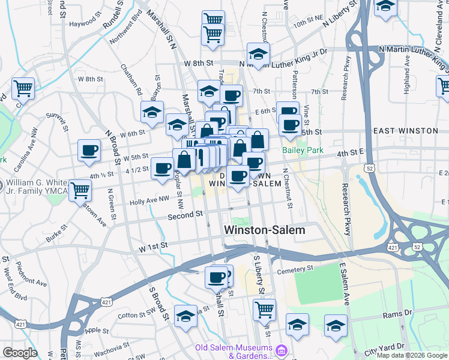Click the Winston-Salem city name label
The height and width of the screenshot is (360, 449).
[264, 230]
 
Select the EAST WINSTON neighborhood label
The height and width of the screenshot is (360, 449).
[405, 131]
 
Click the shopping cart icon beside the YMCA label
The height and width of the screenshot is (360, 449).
[80, 191]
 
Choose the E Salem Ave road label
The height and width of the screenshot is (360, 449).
[344, 285]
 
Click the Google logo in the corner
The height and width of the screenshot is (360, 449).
[20, 353]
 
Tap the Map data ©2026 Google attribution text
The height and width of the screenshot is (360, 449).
[412, 355]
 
